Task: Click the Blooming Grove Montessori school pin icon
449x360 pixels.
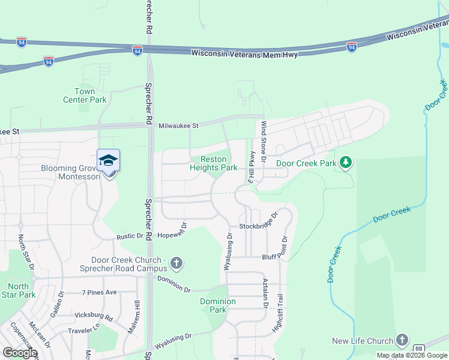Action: pyautogui.click(x=109, y=161)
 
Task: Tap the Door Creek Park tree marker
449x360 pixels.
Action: pyautogui.click(x=345, y=163)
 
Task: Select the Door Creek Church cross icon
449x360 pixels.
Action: pyautogui.click(x=176, y=263)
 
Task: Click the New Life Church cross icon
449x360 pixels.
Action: pyautogui.click(x=402, y=340)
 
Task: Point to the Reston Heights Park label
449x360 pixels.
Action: pyautogui.click(x=214, y=164)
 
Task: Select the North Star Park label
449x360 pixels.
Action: pyautogui.click(x=19, y=290)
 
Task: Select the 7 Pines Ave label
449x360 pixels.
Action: pyautogui.click(x=99, y=292)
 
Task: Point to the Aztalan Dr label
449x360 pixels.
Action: pyautogui.click(x=264, y=293)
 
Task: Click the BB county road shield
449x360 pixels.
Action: pyautogui.click(x=419, y=348)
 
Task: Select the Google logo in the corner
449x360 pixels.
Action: pyautogui.click(x=20, y=352)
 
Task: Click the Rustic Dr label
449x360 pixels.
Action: pyautogui.click(x=130, y=236)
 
